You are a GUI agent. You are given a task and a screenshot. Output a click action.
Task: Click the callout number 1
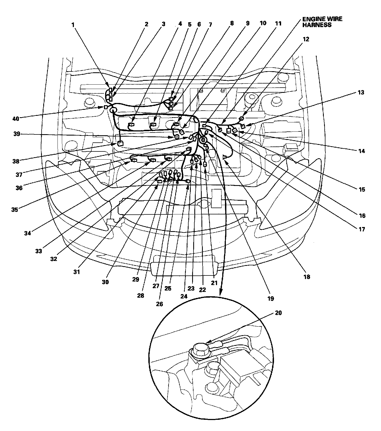coord(73,24)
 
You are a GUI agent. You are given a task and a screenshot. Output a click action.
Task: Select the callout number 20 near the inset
coord(278,313)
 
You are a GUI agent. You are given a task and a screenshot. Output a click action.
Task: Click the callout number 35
coord(15,209)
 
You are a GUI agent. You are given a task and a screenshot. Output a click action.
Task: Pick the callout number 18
coord(307,277)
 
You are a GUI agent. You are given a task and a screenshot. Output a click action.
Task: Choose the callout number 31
coord(77,272)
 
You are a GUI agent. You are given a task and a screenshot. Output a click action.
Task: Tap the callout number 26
coord(159,304)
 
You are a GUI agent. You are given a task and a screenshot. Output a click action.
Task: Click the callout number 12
coord(306,39)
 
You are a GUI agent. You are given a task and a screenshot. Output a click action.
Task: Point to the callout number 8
coord(232,23)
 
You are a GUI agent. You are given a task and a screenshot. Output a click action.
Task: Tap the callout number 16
coord(362,216)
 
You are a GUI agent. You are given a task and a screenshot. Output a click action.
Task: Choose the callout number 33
coord(39,251)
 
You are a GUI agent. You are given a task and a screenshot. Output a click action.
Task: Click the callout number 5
coord(190,24)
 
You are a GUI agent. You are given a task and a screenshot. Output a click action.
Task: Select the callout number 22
coord(202,290)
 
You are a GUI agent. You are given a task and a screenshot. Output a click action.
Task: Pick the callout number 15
coord(362,189)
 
